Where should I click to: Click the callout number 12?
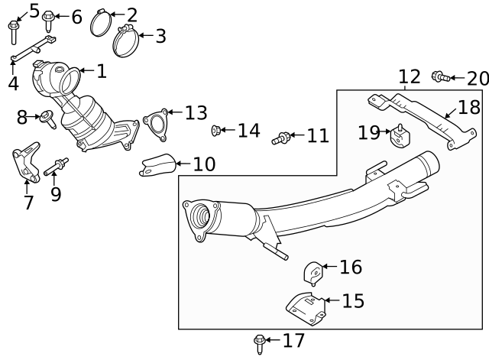point(410,76)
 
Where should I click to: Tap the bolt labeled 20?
point(440,76)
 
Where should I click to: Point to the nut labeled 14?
point(216,131)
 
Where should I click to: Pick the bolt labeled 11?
point(281,138)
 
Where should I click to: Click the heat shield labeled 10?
point(157,165)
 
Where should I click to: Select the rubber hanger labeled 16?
point(313,272)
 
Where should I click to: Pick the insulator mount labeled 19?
point(400,138)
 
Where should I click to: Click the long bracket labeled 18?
point(413,118)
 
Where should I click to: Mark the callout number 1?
point(101,72)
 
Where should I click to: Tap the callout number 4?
point(13,83)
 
